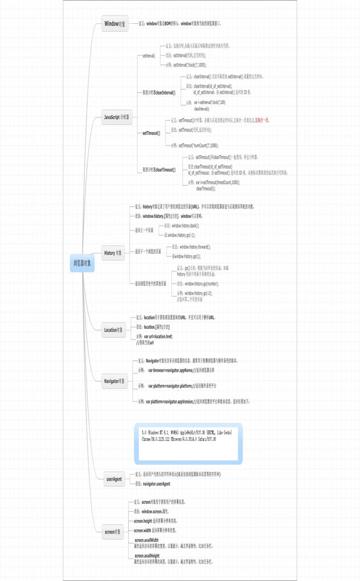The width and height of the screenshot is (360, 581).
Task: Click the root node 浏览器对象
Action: point(82,263)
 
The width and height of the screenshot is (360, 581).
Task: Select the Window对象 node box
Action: point(114,24)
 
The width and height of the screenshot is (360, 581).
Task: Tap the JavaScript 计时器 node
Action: point(118,117)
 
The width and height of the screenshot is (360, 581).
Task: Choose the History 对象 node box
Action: point(113,253)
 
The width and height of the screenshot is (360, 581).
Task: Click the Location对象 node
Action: point(114,330)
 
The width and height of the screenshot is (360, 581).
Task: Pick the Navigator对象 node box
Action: point(114,381)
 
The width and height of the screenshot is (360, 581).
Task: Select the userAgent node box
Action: point(114,479)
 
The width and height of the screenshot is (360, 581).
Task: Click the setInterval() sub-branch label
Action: point(149,56)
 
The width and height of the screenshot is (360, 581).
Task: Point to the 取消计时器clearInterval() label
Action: point(159,92)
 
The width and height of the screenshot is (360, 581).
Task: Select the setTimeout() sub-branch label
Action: point(152,133)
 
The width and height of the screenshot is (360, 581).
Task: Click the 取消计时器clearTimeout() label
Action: point(159,170)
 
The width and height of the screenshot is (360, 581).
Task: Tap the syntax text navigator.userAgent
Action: point(156,483)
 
